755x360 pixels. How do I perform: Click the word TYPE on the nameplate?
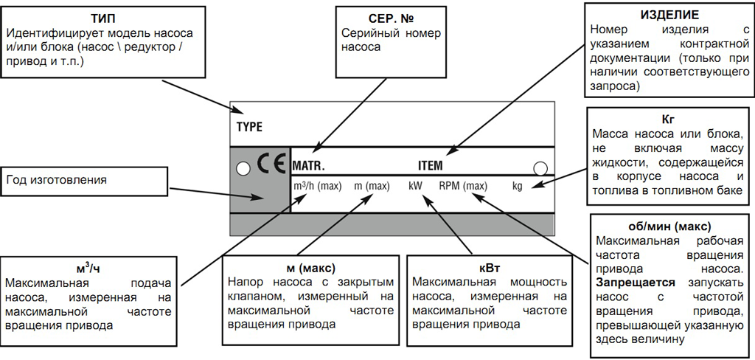coord(249,126)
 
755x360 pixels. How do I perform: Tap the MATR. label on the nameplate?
coord(308,167)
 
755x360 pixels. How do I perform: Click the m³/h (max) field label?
coord(317,186)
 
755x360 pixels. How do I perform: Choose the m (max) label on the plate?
coord(372,186)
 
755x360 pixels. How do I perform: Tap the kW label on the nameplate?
coord(415,186)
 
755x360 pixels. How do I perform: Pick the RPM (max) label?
coord(463,186)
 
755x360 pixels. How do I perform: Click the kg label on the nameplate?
coord(517,186)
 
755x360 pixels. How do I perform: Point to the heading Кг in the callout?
coord(669,118)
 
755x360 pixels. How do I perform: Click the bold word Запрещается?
coord(628,283)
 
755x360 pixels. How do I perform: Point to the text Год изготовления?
coord(57,180)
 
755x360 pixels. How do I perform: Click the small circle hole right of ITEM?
coord(540,167)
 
